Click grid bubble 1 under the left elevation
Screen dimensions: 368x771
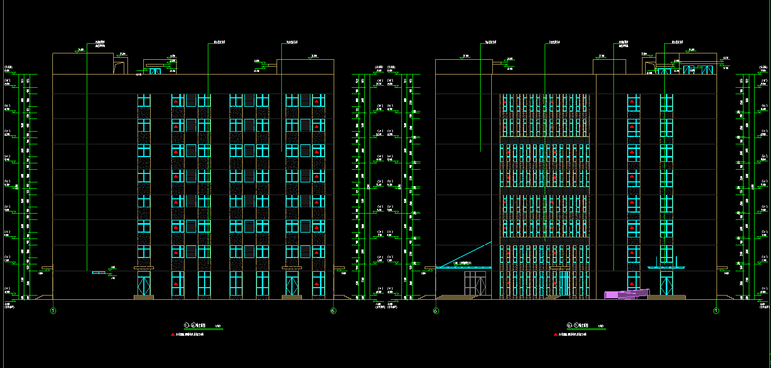click(53, 311)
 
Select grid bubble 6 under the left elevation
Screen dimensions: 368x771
click(333, 311)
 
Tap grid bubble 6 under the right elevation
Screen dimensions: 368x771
click(436, 311)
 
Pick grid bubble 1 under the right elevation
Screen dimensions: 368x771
click(716, 311)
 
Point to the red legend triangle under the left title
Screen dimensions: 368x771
click(172, 334)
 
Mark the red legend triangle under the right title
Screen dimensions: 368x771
click(555, 334)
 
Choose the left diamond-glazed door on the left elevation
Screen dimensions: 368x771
click(143, 284)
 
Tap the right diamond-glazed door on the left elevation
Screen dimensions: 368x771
click(292, 284)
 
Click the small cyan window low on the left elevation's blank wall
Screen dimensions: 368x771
click(98, 272)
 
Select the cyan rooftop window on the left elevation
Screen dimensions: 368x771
click(155, 71)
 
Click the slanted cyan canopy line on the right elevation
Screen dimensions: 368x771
click(465, 254)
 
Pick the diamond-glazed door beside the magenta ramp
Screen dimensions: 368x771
click(666, 284)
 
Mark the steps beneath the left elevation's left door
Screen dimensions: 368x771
click(143, 297)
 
